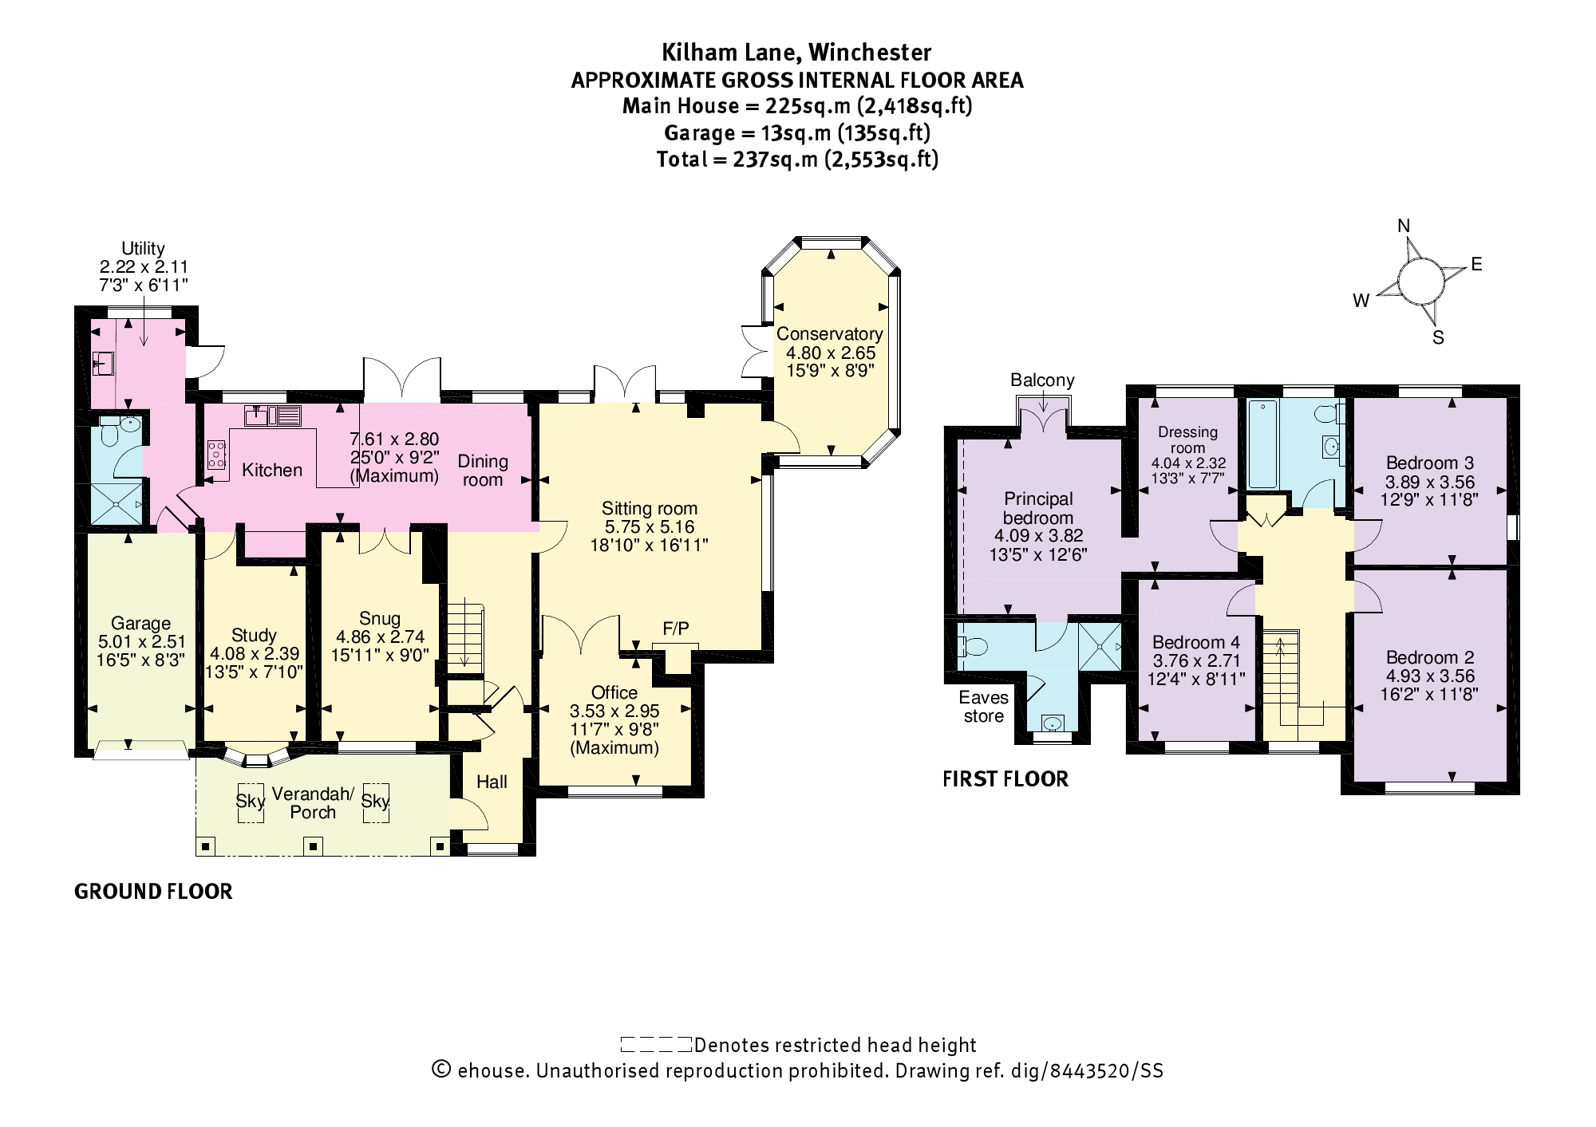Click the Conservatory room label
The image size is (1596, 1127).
point(830,334)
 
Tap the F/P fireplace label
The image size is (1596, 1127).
point(675,629)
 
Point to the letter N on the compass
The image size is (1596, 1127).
point(1404,227)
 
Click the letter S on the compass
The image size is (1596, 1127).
point(1438,337)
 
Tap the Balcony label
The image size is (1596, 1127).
point(1042,380)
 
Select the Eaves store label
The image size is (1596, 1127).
point(983,707)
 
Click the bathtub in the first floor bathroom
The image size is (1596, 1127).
point(1262,443)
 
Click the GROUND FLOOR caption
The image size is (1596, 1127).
point(153,892)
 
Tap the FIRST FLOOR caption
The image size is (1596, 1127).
point(1005,779)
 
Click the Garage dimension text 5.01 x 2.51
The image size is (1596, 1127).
point(141,641)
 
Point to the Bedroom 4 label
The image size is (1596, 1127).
point(1195,642)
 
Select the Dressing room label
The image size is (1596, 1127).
point(1188,439)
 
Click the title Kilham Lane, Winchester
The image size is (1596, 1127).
point(796,53)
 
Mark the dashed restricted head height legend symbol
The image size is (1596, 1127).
point(656,1044)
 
